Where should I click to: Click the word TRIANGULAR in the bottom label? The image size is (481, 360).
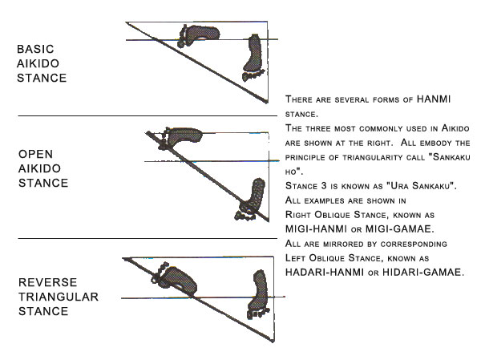(58, 297)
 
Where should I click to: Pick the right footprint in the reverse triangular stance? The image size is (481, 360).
(259, 292)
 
